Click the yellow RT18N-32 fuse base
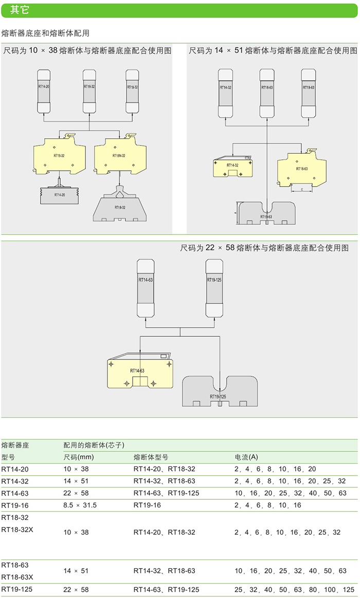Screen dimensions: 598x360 tap(120, 154)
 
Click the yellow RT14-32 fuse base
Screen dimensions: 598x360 tap(232, 167)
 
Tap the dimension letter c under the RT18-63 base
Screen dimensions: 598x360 tap(301, 190)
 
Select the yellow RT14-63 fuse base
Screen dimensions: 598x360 tap(138, 373)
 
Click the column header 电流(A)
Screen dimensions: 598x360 tap(246, 457)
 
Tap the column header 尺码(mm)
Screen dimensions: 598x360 tap(78, 457)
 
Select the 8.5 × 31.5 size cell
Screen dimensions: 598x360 tap(80, 505)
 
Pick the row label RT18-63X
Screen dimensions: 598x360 tap(17, 576)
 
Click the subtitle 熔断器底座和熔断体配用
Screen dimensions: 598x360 tap(46, 33)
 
